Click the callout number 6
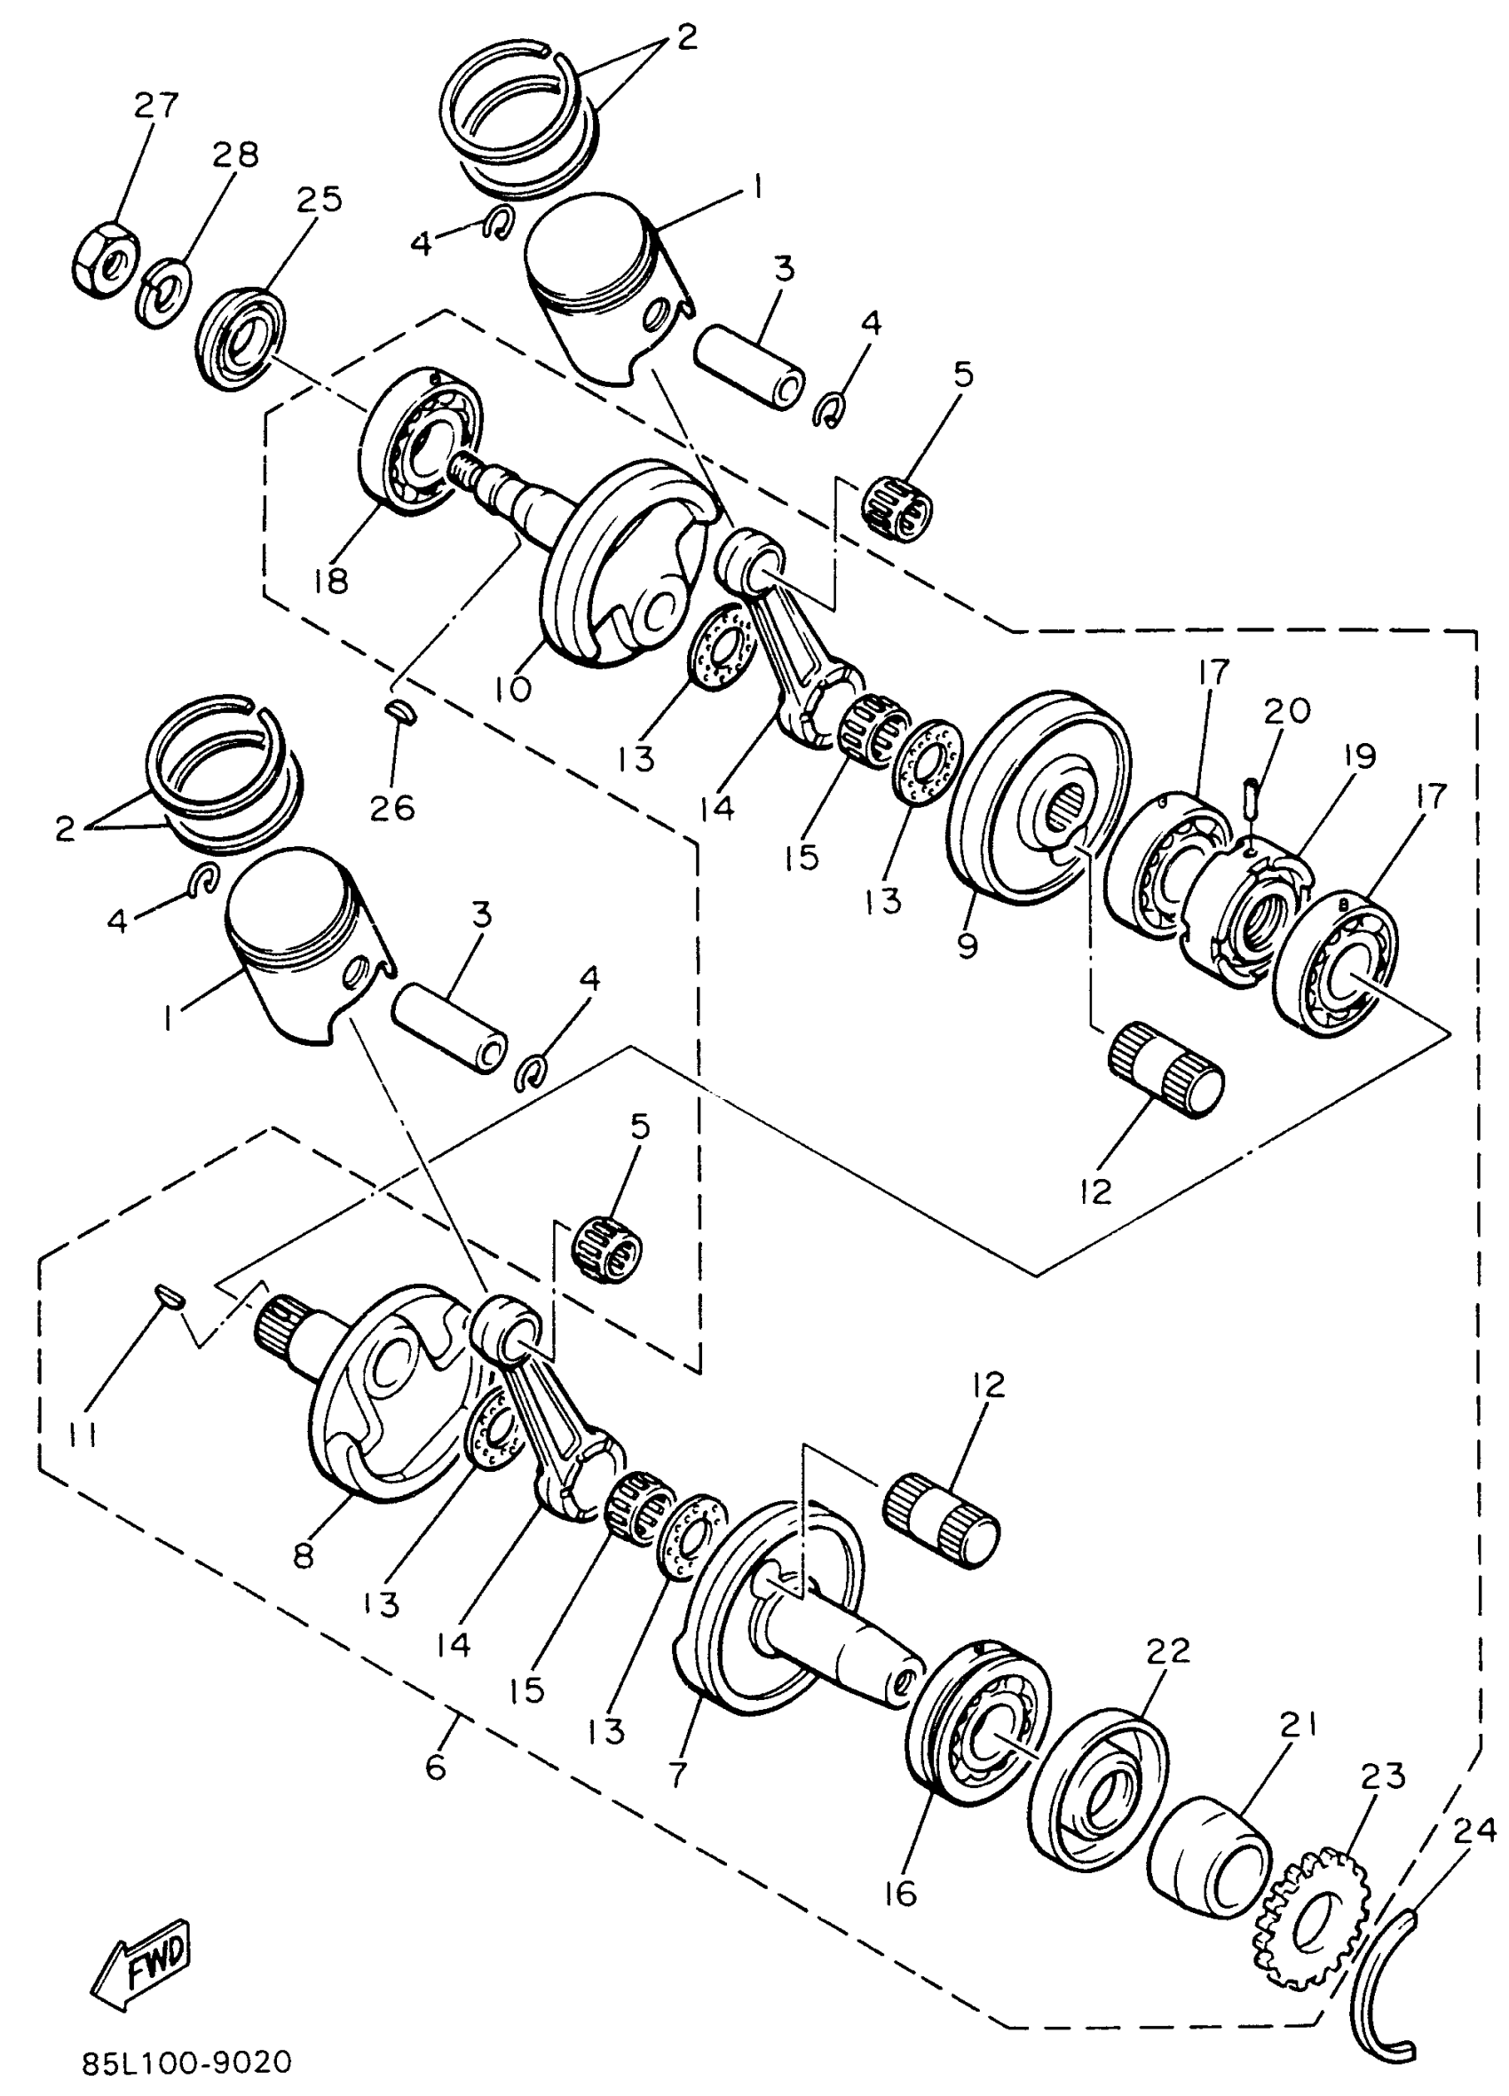[435, 1767]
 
